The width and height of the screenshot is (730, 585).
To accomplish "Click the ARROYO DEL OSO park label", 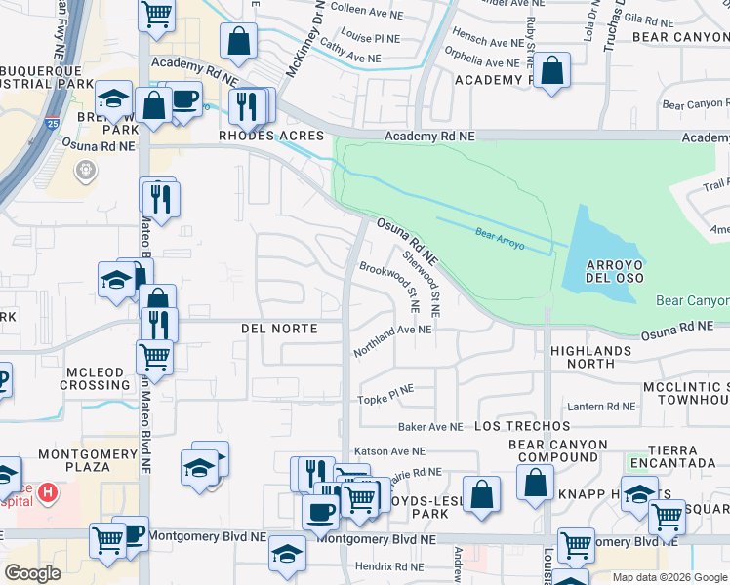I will click(x=615, y=273).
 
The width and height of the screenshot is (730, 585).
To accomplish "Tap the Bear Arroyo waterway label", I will click(x=501, y=239).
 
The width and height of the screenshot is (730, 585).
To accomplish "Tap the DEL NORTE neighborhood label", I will click(x=279, y=329).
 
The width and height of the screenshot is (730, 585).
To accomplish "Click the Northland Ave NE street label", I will click(x=393, y=331).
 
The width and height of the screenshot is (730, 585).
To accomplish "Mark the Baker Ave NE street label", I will click(x=430, y=427).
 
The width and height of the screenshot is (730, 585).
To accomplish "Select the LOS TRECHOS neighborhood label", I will click(x=522, y=427).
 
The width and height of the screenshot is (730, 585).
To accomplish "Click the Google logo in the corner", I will click(x=33, y=573).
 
